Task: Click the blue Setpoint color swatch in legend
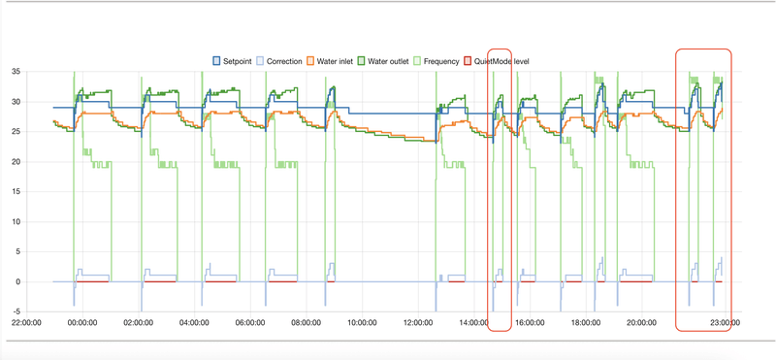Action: pos(217,61)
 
